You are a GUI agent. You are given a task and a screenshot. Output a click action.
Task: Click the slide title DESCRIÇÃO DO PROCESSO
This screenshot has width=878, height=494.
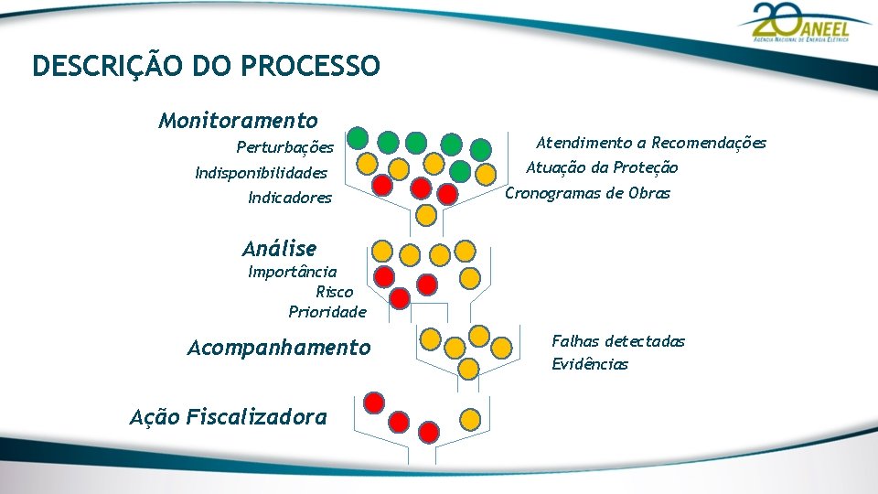(x=206, y=66)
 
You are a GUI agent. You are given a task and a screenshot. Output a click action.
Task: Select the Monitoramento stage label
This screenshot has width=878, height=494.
(x=238, y=121)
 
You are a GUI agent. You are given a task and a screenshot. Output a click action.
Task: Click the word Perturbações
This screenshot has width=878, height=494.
(x=284, y=147)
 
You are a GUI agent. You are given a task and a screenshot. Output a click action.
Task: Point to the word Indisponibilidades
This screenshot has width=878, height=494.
(x=261, y=173)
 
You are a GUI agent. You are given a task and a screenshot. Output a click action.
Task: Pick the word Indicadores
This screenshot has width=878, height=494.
(x=290, y=198)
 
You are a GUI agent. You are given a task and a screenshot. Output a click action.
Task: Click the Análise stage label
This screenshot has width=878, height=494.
(x=280, y=248)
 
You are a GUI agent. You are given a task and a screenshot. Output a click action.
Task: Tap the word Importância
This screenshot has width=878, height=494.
(x=292, y=272)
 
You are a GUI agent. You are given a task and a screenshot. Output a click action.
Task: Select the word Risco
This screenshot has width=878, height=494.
(x=334, y=292)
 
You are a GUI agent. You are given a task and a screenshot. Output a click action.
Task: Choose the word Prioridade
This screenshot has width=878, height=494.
(x=327, y=312)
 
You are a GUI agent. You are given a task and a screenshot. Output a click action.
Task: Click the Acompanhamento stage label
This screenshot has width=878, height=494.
(x=279, y=348)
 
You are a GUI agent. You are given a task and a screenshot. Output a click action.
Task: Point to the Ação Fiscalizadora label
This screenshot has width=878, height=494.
(x=229, y=417)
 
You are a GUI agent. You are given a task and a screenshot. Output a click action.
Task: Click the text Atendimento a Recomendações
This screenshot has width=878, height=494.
(x=650, y=143)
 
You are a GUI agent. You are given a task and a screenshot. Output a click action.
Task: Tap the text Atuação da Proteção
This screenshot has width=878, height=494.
(x=602, y=167)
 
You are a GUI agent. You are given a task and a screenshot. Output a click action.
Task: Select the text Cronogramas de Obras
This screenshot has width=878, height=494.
(x=587, y=193)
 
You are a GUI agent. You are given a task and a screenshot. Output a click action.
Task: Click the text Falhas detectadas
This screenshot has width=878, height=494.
(x=617, y=340)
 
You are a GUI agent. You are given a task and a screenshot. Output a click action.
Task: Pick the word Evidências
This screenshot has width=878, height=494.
(x=590, y=364)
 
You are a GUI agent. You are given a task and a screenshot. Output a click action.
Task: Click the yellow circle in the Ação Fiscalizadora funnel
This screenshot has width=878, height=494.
(x=469, y=419)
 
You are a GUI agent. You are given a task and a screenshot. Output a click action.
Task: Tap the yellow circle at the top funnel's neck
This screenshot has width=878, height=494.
(x=425, y=215)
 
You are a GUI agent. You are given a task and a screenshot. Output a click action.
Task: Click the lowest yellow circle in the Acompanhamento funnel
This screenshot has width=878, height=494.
(x=468, y=369)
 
